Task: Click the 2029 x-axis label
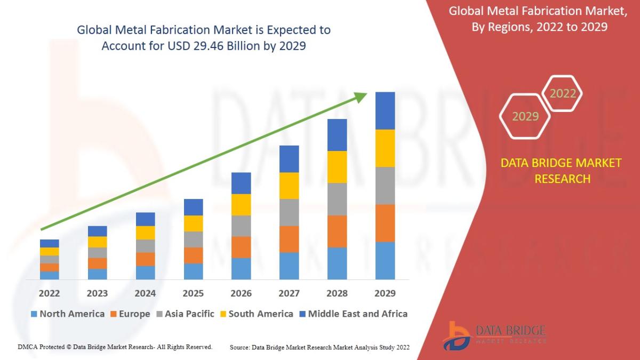[x=385, y=293]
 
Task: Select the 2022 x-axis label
[x=49, y=293]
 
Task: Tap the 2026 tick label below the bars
[x=241, y=293]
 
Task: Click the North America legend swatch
[x=35, y=314]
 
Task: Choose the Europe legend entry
[x=130, y=314]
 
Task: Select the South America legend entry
[x=255, y=314]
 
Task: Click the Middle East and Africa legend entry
[x=353, y=314]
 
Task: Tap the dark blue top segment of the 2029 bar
[x=385, y=110]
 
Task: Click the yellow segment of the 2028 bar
[x=337, y=167]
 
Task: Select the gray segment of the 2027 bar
[x=289, y=212]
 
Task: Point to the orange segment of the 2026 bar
[x=241, y=247]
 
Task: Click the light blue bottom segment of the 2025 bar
[x=193, y=271]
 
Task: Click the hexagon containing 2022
[x=562, y=94]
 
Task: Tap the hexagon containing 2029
[x=525, y=116]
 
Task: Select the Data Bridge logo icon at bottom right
[x=458, y=335]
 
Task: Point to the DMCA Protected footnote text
[x=115, y=347]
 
